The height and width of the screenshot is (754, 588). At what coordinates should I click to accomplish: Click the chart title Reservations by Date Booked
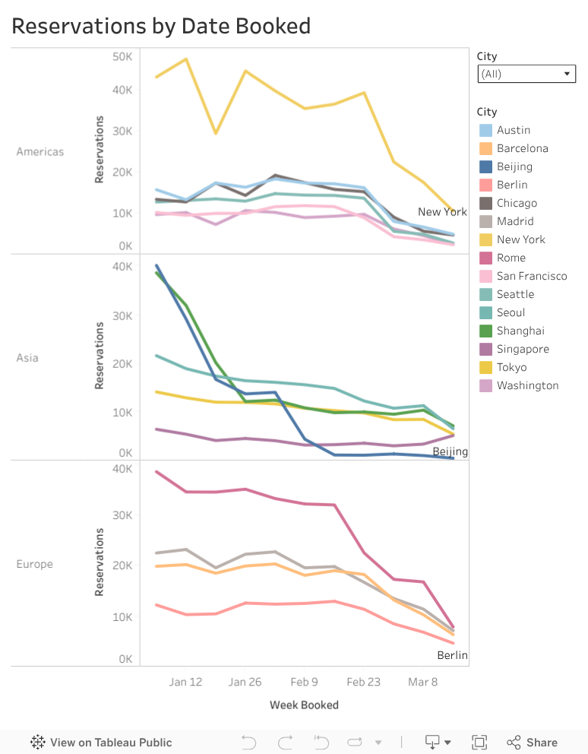(161, 26)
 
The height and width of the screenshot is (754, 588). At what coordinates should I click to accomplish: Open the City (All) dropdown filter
(526, 74)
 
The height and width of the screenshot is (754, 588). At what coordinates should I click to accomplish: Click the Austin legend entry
(514, 130)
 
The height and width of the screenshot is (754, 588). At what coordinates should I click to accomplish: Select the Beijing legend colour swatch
(486, 166)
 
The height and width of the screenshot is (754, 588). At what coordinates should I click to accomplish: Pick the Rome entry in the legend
(511, 258)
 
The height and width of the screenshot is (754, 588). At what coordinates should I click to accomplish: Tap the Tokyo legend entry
(511, 367)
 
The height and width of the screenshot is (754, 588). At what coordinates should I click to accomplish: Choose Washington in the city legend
(527, 385)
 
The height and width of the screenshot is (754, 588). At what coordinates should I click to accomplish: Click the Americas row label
(40, 151)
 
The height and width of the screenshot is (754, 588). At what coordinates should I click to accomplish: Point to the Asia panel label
(27, 357)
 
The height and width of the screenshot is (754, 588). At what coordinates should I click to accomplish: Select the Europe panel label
(35, 564)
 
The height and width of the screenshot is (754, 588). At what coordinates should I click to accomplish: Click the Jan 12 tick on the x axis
(185, 682)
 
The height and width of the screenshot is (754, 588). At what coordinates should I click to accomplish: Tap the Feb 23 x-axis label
(363, 682)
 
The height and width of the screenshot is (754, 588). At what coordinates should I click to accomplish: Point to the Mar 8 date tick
(423, 682)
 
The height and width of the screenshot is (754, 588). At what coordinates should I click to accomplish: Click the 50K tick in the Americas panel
(122, 56)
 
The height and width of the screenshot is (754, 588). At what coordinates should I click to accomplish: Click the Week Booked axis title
(304, 705)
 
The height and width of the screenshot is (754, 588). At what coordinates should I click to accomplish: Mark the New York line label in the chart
(442, 211)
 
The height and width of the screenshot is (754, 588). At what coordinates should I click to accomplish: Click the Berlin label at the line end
(452, 655)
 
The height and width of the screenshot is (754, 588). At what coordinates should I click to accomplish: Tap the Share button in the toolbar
(532, 743)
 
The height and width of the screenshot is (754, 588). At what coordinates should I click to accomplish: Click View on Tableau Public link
(101, 743)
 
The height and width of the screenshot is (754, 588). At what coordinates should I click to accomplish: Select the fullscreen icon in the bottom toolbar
(479, 743)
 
